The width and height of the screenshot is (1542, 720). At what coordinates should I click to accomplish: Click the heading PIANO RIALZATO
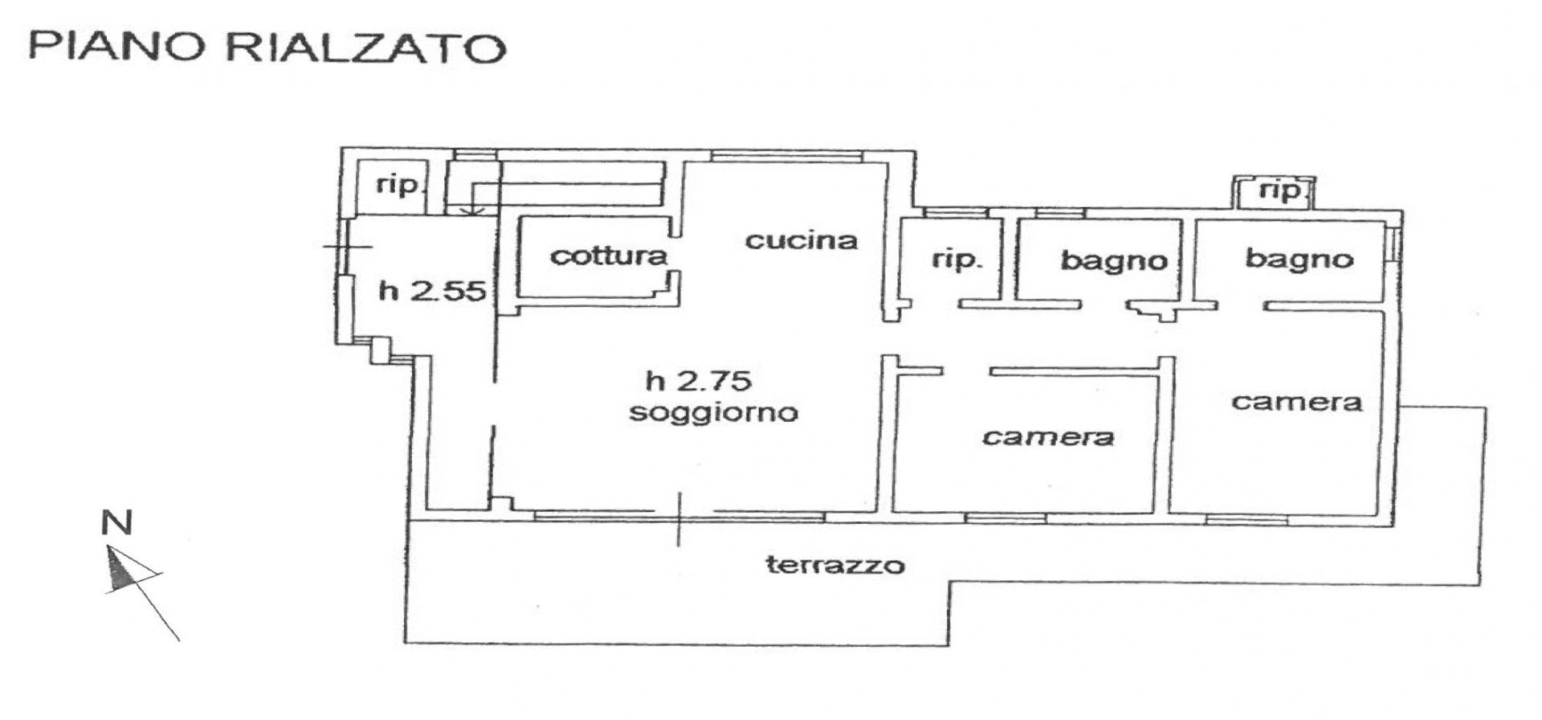[x=267, y=47]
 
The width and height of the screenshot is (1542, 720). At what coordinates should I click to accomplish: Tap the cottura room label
[x=609, y=256]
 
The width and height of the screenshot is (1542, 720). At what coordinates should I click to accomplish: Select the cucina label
[x=802, y=240]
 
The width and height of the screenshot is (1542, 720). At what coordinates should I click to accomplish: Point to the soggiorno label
[x=713, y=412]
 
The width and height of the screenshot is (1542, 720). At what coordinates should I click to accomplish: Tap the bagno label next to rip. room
[x=1114, y=260]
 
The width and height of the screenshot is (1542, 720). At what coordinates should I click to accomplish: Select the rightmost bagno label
[x=1299, y=259]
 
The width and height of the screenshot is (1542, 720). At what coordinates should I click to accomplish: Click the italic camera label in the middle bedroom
[x=1048, y=436]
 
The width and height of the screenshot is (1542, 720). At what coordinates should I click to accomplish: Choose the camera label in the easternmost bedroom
[x=1297, y=401]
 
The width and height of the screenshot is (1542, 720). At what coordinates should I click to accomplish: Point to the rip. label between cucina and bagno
[x=956, y=259]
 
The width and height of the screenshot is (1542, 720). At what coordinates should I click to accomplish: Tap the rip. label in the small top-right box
[x=1280, y=190]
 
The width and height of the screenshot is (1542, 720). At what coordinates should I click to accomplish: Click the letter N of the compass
[x=116, y=523]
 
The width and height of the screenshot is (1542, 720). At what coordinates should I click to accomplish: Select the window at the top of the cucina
[x=787, y=156]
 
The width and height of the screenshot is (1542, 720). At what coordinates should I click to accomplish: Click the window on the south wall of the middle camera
[x=1005, y=518]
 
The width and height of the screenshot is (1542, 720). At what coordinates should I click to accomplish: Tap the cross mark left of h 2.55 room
[x=348, y=246]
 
